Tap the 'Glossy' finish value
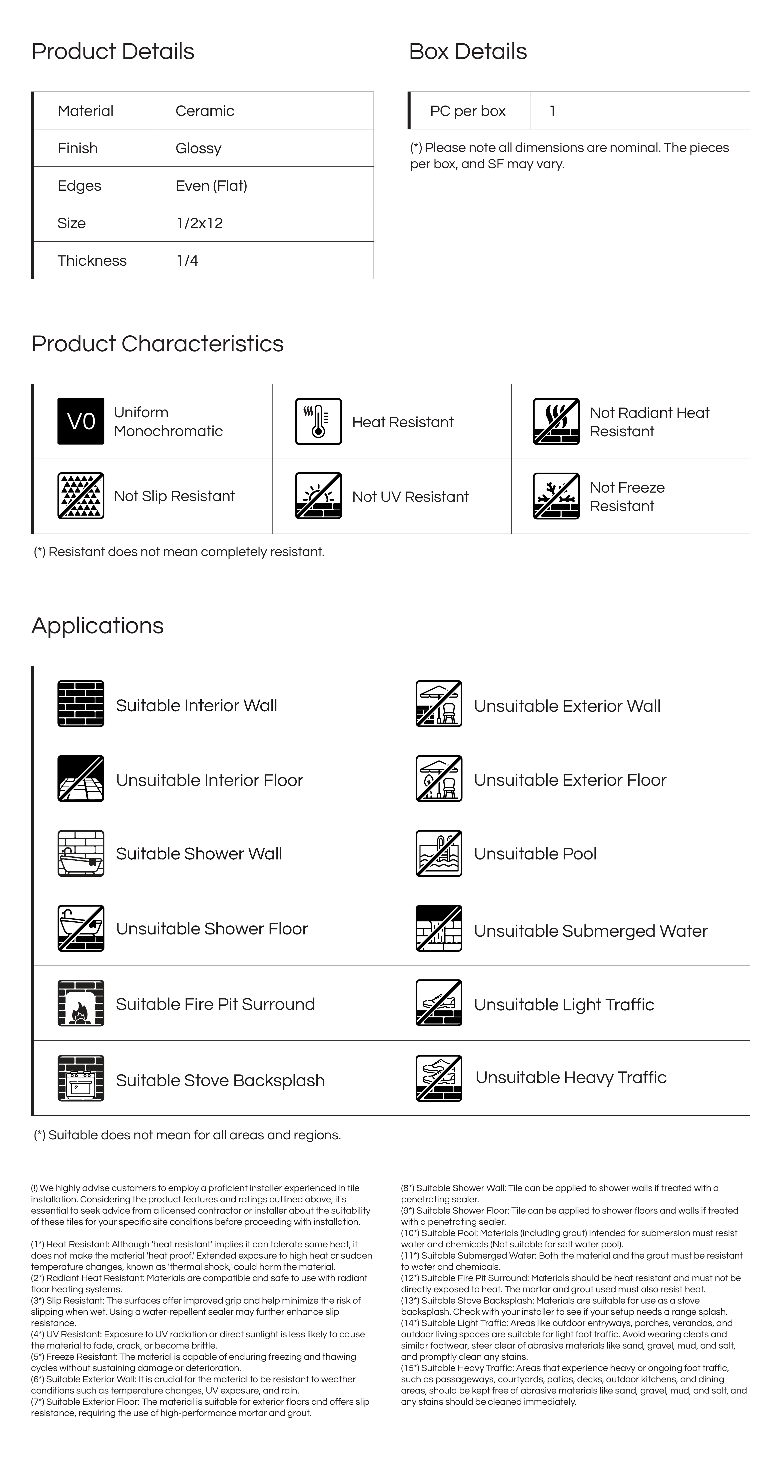198,148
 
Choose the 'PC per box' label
467,111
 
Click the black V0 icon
81,421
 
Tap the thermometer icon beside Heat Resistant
319,421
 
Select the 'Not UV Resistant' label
410,496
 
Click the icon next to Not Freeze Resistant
556,496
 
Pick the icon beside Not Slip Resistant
81,496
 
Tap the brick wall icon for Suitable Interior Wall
81,704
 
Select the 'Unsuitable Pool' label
535,853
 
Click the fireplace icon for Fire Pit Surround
81,1003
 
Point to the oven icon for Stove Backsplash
81,1078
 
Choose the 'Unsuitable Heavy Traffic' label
571,1077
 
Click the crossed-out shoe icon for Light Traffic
439,1003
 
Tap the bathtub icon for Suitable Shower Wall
81,853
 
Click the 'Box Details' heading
467,51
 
